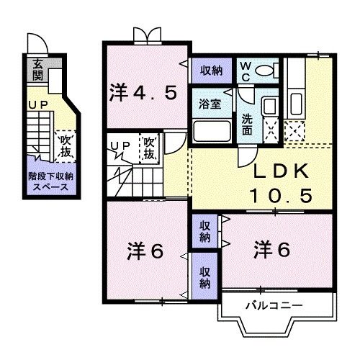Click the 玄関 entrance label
pyautogui.click(x=36, y=70)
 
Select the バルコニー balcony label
pyautogui.click(x=273, y=305)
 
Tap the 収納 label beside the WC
pyautogui.click(x=210, y=71)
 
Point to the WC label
pyautogui.click(x=245, y=70)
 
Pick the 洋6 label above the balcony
pyautogui.click(x=272, y=250)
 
